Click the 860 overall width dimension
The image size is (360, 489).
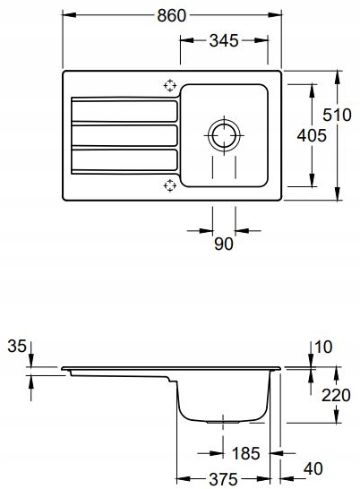[171, 15]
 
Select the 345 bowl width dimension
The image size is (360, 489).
[224, 40]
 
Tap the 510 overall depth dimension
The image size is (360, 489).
[337, 115]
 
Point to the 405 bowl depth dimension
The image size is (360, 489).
[312, 135]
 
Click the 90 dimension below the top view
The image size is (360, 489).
[224, 244]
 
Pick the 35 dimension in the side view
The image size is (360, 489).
[17, 347]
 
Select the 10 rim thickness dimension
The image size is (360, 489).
[323, 347]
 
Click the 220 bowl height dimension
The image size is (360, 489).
[336, 396]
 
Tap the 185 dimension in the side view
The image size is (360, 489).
[246, 453]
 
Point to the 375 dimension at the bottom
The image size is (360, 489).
[223, 479]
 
